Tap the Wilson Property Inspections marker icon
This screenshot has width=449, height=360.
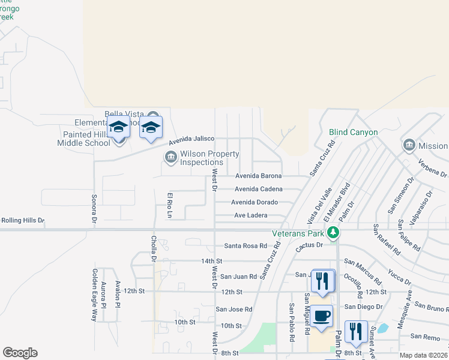pos(170,157)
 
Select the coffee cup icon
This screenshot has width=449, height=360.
pos(322,316)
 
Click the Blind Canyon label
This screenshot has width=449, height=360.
pos(353,133)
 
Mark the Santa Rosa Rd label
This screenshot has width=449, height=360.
pos(245,246)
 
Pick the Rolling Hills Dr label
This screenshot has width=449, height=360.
pos(23,221)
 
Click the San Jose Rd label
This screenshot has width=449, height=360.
pos(234,310)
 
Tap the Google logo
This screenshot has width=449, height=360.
pos(20,353)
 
